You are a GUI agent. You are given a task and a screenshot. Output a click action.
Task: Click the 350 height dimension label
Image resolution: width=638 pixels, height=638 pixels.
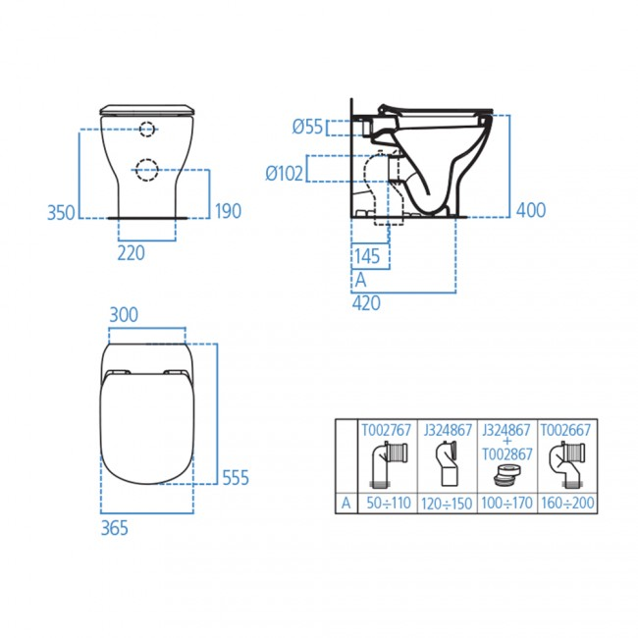61,212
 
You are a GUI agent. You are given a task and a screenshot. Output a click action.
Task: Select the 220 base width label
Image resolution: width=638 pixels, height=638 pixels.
131,253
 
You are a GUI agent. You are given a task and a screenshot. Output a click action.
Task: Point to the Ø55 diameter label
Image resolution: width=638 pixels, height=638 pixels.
308,127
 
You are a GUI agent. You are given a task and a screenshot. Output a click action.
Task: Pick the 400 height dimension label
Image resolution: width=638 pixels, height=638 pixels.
530,210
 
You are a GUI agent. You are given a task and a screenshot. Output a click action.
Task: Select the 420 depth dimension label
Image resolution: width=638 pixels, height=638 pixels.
366,303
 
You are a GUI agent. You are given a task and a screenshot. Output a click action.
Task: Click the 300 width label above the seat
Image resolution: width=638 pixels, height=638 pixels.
124,314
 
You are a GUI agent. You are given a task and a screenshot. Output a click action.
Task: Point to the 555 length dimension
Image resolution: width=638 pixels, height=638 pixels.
235,478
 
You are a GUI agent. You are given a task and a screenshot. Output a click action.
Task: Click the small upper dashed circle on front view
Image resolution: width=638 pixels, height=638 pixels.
146,129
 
